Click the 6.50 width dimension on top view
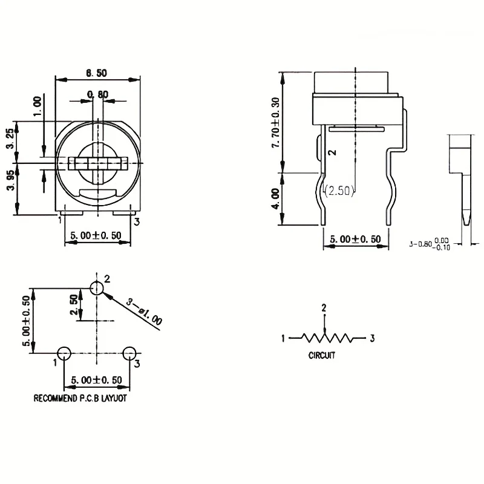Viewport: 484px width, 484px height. (96, 73)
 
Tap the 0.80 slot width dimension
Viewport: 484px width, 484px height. (98, 94)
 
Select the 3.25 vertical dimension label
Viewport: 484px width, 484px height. (10, 139)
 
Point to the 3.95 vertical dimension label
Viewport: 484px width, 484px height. (10, 180)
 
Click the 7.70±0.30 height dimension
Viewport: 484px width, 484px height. (275, 123)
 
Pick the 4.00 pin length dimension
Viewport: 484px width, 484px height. (275, 199)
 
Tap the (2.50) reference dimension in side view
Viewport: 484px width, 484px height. (339, 191)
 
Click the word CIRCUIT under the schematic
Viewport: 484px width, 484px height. (322, 355)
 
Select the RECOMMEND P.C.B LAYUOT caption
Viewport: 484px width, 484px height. (80, 398)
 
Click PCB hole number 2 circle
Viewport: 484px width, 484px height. (97, 288)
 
